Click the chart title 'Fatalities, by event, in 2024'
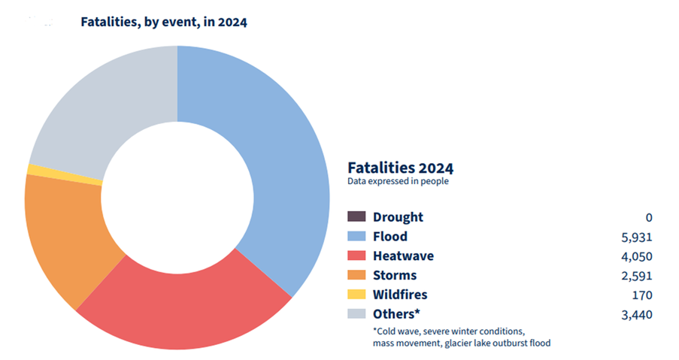coord(164,22)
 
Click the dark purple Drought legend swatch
coord(356,217)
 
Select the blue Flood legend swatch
coord(356,237)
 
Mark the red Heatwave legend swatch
coord(356,256)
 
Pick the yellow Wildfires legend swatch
coord(356,295)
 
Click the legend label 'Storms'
coord(395,275)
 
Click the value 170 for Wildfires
coord(642,295)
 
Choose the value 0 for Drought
coord(648,217)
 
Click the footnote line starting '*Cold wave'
coord(450,331)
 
